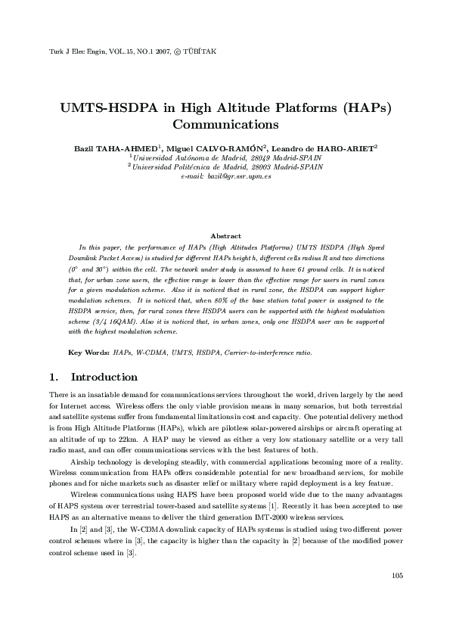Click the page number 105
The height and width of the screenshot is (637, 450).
(x=397, y=598)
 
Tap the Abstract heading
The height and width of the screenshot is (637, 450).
(x=225, y=236)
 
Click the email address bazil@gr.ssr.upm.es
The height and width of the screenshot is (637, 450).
(x=238, y=176)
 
